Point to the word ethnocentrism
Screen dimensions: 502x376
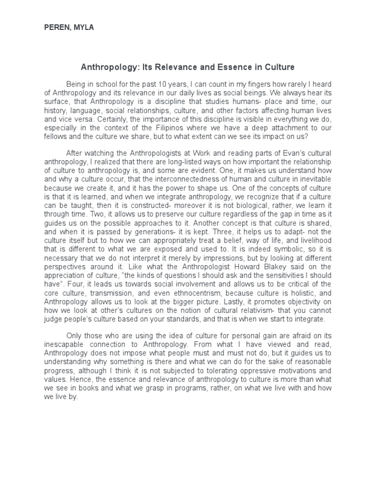196,293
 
